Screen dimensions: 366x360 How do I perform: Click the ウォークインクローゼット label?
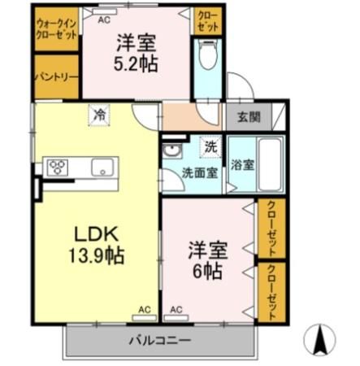coord(55,30)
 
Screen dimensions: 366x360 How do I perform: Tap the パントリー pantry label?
coord(55,77)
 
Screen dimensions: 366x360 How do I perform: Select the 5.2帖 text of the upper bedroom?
coord(135,63)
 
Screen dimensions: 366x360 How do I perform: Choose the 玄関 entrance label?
coord(249,117)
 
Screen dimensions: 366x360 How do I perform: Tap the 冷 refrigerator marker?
coord(98,115)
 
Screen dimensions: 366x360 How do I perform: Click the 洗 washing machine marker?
coord(210,148)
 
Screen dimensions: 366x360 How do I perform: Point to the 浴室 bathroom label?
coord(242,163)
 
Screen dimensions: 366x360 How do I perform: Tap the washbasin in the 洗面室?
coord(171,151)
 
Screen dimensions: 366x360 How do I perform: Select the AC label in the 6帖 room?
coord(176,309)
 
